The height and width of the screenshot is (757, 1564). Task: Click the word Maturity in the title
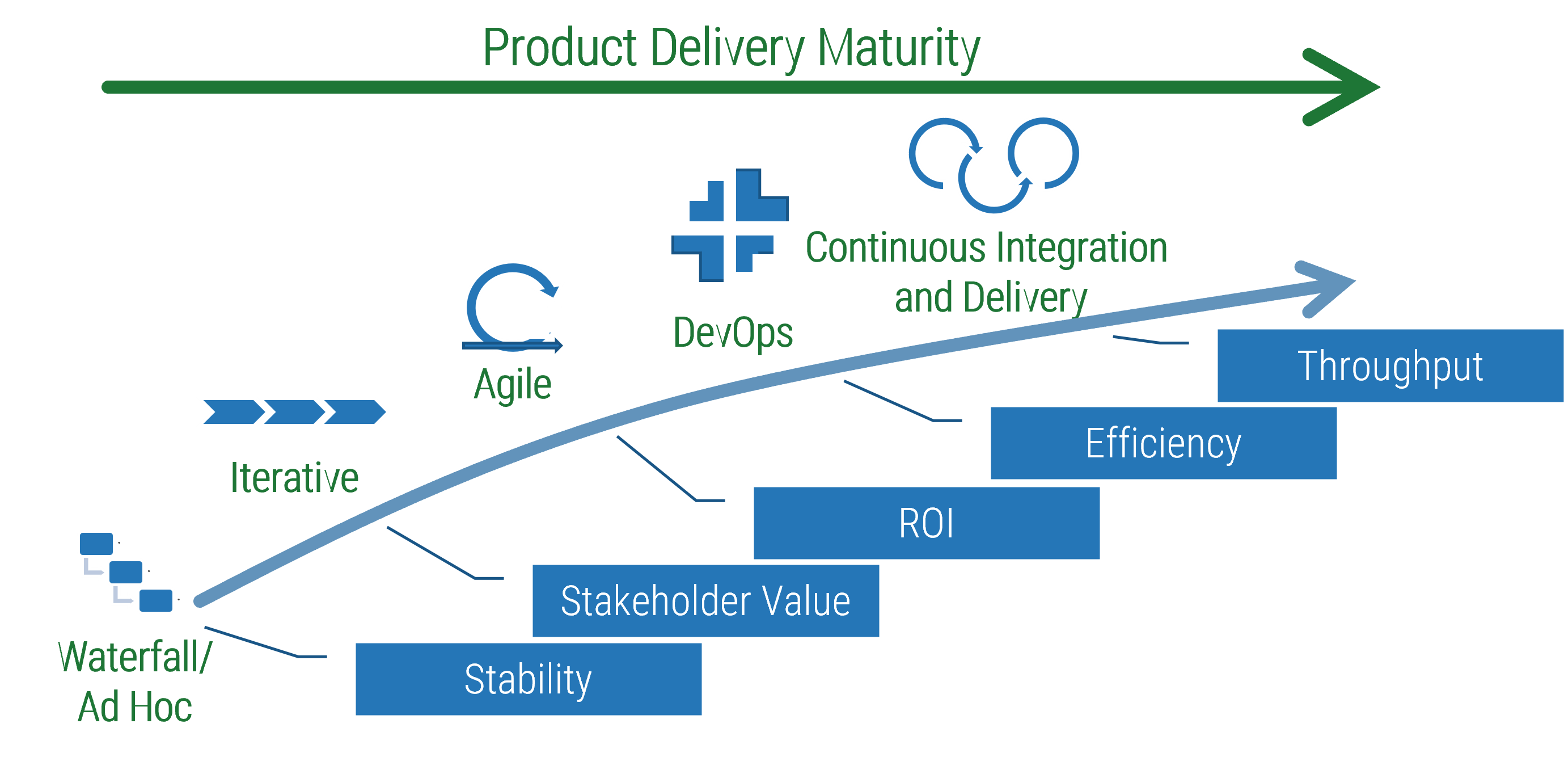tap(899, 49)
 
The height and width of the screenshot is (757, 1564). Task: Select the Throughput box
tap(1390, 366)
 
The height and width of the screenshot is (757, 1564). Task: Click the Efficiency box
tap(1163, 443)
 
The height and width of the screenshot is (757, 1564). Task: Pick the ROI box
tap(927, 523)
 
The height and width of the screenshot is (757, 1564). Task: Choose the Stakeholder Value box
tap(705, 601)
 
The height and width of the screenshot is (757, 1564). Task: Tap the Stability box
tap(528, 679)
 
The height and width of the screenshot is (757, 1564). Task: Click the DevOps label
tap(733, 333)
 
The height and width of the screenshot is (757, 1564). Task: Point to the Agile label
tap(513, 385)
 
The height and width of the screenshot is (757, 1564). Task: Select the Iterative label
tap(294, 478)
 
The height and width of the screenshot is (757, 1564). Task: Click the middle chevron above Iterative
tap(293, 412)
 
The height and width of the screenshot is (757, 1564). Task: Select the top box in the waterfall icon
tap(96, 543)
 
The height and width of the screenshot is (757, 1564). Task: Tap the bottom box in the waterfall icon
tap(156, 600)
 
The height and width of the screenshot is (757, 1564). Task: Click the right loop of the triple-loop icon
tap(1043, 153)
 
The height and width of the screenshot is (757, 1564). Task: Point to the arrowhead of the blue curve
tap(1330, 285)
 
